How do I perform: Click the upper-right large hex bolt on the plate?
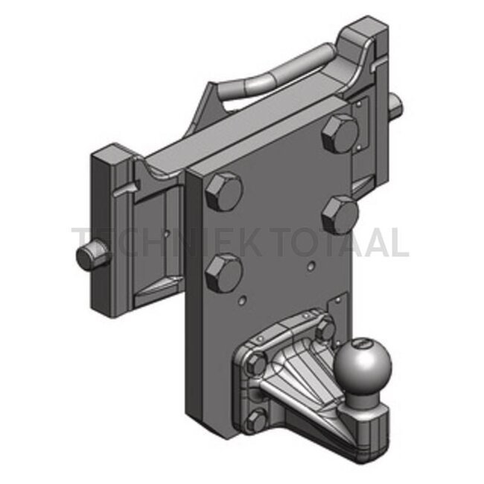[x=342, y=134]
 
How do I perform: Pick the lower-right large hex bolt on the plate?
[x=342, y=214]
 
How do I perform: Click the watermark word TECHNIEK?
[x=149, y=243]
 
